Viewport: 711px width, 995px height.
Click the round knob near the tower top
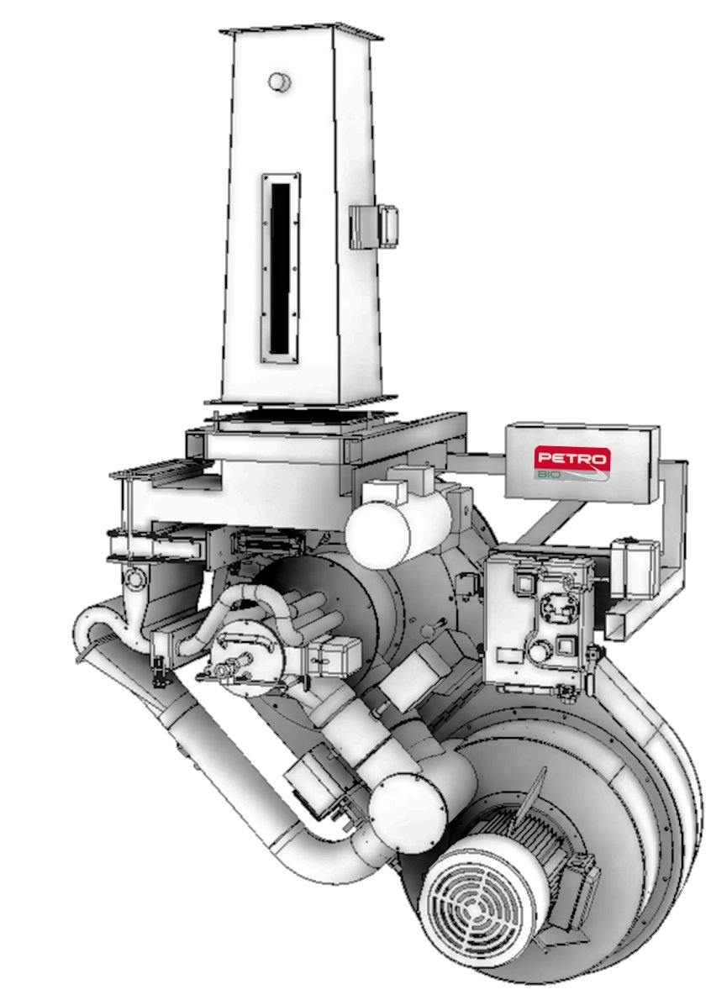(278, 82)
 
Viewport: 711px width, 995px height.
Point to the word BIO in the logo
(545, 474)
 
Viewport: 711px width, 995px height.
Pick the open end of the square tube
(622, 625)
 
